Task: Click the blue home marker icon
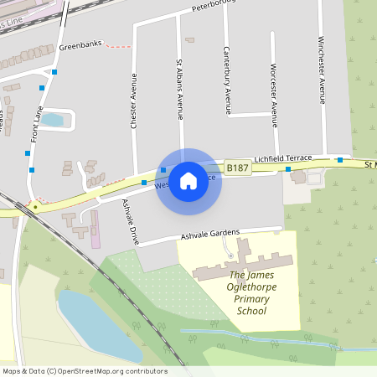(188, 179)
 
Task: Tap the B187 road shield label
(239, 168)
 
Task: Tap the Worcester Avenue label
(274, 88)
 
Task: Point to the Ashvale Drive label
(129, 221)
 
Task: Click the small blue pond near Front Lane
(54, 120)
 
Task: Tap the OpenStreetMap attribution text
(84, 370)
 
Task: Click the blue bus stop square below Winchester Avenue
(340, 159)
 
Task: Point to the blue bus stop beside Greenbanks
(54, 72)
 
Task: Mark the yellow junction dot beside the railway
(35, 205)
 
